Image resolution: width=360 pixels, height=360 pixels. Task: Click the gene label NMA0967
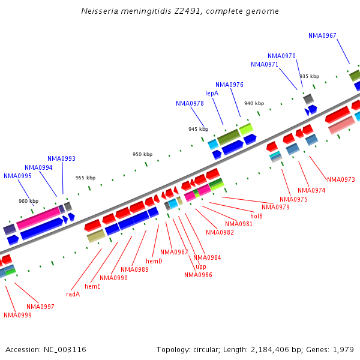point(322,35)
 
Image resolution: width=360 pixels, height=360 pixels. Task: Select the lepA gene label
point(212,93)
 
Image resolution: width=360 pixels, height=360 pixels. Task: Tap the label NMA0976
point(229,85)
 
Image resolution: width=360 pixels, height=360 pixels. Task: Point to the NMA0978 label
point(190,103)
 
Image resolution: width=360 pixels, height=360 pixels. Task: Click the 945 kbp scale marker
point(197,129)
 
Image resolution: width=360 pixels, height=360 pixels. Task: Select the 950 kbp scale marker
point(142,154)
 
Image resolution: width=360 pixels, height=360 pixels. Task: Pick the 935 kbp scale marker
point(309,76)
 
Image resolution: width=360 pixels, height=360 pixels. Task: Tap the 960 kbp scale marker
point(28,201)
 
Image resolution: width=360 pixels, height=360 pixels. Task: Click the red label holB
point(256,216)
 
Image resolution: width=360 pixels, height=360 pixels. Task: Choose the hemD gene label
point(154,261)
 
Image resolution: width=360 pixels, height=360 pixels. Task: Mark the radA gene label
point(73,294)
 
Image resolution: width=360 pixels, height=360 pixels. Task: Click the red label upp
point(201,266)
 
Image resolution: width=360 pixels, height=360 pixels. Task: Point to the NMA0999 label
point(17,315)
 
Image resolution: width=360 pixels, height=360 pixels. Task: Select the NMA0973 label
point(341,179)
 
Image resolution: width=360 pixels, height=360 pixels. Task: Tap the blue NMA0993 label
point(61,158)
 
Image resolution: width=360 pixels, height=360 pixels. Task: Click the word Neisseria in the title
point(99,11)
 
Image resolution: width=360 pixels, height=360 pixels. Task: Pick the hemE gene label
point(92,286)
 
